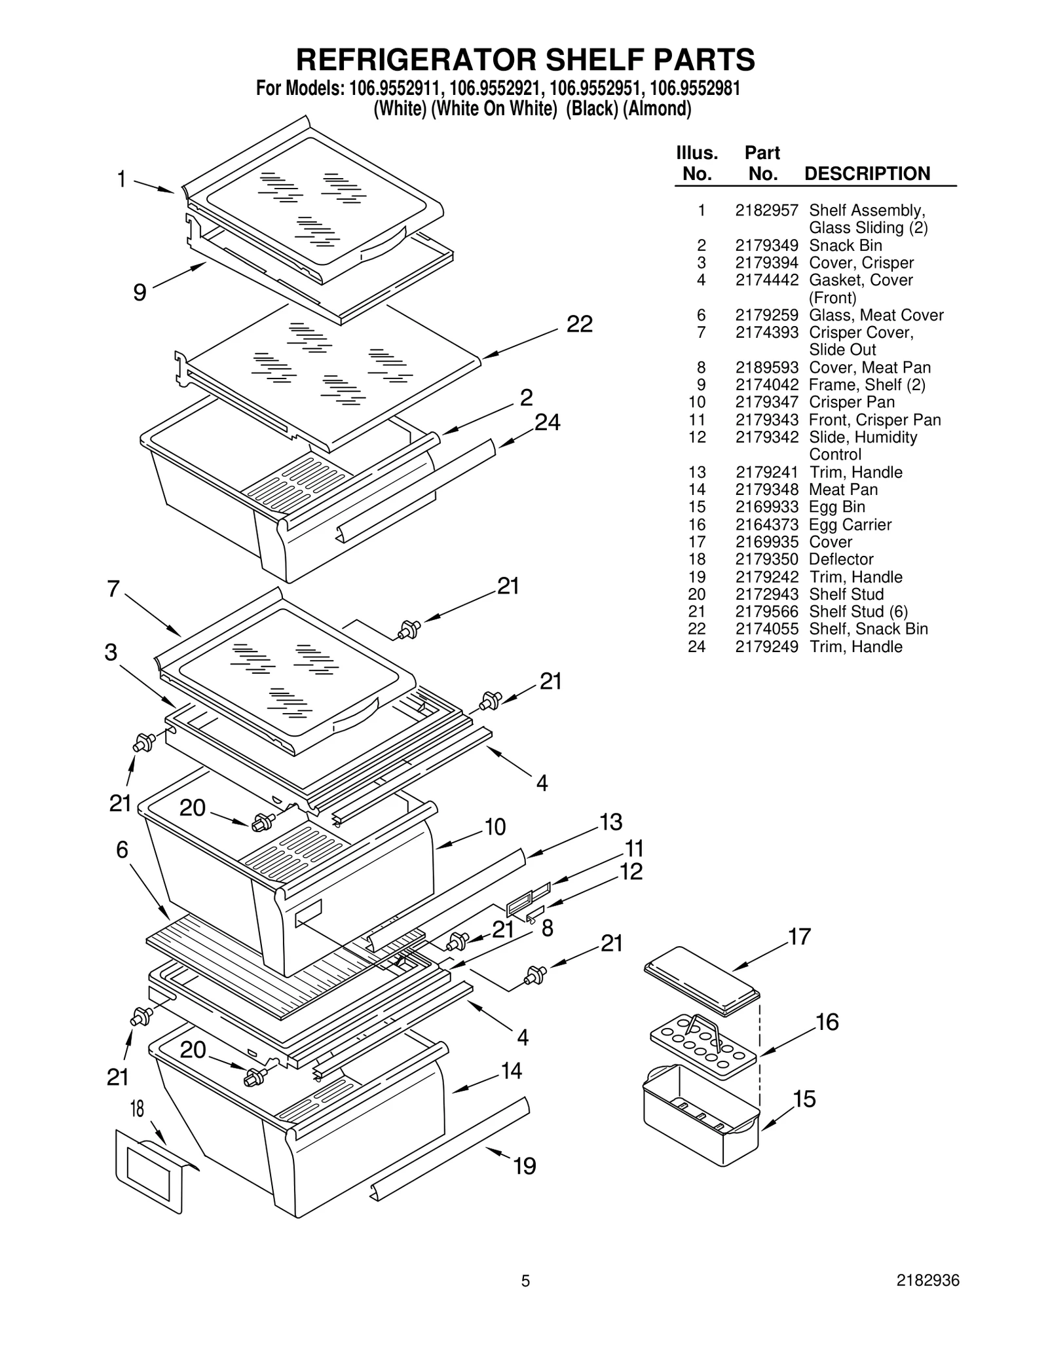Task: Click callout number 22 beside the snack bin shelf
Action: click(579, 324)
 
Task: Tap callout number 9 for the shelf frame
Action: click(139, 292)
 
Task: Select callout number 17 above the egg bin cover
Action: click(799, 937)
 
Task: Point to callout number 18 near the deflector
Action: click(137, 1109)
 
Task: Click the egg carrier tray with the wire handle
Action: click(703, 1046)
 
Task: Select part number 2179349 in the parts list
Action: click(766, 246)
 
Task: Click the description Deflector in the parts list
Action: click(840, 559)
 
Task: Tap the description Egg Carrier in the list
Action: click(850, 524)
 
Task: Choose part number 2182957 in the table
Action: click(766, 211)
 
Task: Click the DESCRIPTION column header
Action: click(867, 174)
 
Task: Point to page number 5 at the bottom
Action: click(525, 1299)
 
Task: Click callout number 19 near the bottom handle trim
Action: click(524, 1166)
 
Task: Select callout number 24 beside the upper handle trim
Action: click(547, 423)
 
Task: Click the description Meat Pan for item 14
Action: click(843, 490)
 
